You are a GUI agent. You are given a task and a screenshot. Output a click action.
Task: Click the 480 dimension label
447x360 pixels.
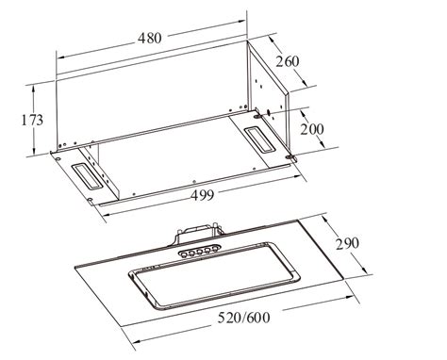click(x=150, y=38)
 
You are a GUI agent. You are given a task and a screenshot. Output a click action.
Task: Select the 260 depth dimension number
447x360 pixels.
click(x=288, y=61)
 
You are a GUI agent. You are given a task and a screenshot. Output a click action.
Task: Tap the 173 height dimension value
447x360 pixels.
click(x=32, y=120)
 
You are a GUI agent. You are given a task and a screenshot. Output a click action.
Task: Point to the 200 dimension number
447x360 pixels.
click(x=311, y=129)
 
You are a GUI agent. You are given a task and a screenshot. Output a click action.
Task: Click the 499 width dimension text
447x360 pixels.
click(x=203, y=195)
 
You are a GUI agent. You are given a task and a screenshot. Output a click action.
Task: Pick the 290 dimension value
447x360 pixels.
click(x=347, y=243)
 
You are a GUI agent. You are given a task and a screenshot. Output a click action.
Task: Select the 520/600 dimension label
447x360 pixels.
click(x=244, y=318)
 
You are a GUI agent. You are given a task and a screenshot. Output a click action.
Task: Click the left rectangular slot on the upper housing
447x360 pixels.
click(x=87, y=177)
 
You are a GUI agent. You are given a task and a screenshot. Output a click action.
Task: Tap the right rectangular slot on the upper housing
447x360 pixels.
click(x=259, y=139)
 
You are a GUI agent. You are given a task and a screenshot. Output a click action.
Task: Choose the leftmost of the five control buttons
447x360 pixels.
click(x=183, y=254)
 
